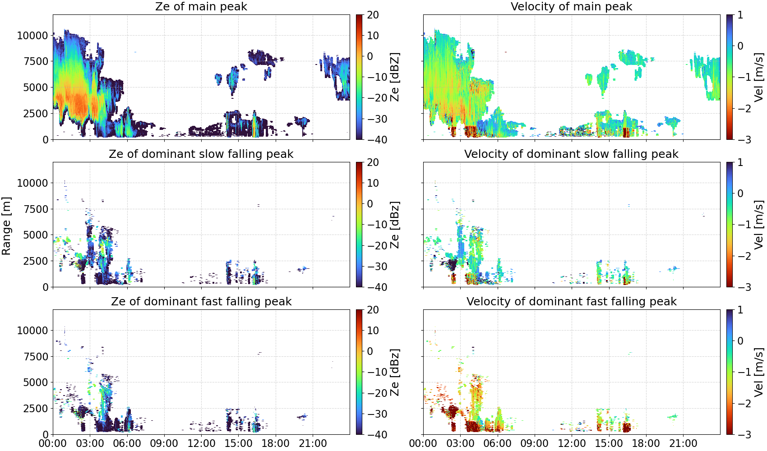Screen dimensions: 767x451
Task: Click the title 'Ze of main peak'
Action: pyautogui.click(x=201, y=6)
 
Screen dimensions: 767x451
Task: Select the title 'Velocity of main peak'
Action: pyautogui.click(x=572, y=6)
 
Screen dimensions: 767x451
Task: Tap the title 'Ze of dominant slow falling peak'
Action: pyautogui.click(x=201, y=154)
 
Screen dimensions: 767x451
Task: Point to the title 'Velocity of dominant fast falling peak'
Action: pyautogui.click(x=572, y=301)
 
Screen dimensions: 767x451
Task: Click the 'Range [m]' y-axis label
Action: pyautogui.click(x=6, y=226)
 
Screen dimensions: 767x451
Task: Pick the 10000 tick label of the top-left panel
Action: pyautogui.click(x=32, y=35)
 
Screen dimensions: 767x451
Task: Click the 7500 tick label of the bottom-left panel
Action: pyautogui.click(x=36, y=356)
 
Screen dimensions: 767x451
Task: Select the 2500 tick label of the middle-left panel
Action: pyautogui.click(x=36, y=261)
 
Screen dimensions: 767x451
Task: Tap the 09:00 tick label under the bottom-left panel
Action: pyautogui.click(x=164, y=443)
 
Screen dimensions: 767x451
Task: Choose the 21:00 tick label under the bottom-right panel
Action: pyautogui.click(x=683, y=443)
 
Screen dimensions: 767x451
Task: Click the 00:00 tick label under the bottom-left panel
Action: pyautogui.click(x=53, y=443)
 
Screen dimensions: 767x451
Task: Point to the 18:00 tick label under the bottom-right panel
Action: pyautogui.click(x=646, y=443)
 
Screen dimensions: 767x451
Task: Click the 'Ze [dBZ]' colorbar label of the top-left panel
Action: pyautogui.click(x=394, y=77)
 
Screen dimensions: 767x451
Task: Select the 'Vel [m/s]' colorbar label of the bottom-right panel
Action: pyautogui.click(x=759, y=372)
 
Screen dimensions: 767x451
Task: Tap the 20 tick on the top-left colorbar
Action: pyautogui.click(x=373, y=15)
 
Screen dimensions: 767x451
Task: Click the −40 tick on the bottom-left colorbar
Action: pyautogui.click(x=377, y=435)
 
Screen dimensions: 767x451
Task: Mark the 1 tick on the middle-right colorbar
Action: pyautogui.click(x=740, y=162)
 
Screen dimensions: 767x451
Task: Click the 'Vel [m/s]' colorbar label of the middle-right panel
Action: pyautogui.click(x=759, y=225)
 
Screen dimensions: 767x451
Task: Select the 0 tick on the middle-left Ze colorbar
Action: pyautogui.click(x=370, y=204)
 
